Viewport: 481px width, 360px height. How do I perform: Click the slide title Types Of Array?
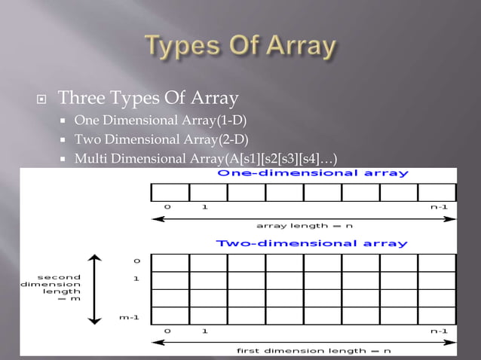(240, 46)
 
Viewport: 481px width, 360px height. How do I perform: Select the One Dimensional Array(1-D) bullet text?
(160, 121)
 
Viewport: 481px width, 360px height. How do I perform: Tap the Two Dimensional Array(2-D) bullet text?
(161, 139)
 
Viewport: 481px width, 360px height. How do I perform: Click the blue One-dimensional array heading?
(313, 173)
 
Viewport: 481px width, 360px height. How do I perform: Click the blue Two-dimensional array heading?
(312, 243)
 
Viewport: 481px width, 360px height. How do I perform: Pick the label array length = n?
(305, 225)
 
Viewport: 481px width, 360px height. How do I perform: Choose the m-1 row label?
(130, 317)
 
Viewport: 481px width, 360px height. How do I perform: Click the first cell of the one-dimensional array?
(170, 192)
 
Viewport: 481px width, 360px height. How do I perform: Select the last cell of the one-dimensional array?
(437, 192)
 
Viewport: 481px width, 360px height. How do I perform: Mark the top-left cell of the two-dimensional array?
(170, 262)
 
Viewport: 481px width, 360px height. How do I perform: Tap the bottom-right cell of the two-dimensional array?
(437, 316)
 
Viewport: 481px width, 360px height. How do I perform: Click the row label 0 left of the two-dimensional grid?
(136, 261)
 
